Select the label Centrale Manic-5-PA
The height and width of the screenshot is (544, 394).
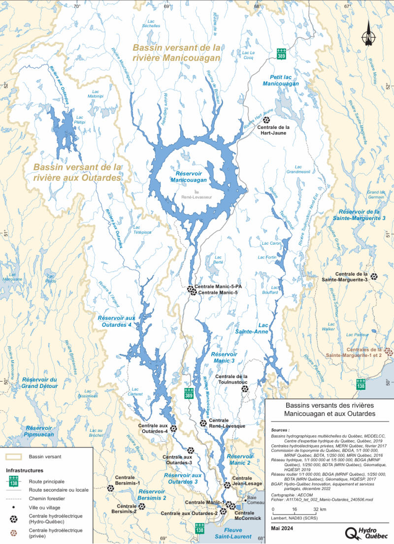(217, 287)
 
